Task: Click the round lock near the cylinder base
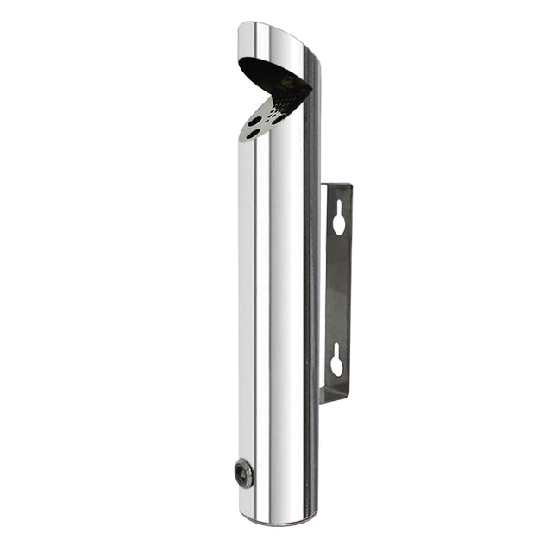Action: (245, 473)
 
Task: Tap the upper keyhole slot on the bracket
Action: (339, 219)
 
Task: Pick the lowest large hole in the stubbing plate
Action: (252, 135)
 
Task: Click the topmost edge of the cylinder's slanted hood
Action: (259, 23)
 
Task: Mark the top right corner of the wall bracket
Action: (351, 185)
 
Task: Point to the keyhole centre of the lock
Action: (245, 473)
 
